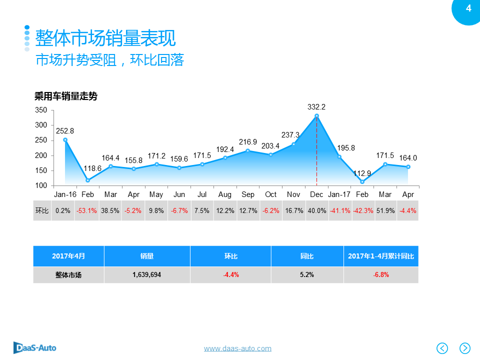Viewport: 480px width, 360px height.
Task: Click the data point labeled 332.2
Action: pyautogui.click(x=316, y=116)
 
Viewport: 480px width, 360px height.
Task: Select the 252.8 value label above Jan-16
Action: pyautogui.click(x=65, y=131)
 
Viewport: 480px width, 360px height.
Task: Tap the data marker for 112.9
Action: pyautogui.click(x=362, y=181)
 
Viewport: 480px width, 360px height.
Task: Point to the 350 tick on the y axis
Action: pyautogui.click(x=41, y=110)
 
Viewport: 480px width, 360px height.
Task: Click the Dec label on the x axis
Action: pyautogui.click(x=316, y=194)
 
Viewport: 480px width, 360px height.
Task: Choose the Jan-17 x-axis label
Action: pyautogui.click(x=339, y=194)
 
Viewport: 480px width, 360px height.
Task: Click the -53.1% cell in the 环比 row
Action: pyautogui.click(x=86, y=211)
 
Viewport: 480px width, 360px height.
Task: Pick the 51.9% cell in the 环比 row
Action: pyautogui.click(x=385, y=211)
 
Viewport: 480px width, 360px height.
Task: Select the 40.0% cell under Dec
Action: pyautogui.click(x=316, y=211)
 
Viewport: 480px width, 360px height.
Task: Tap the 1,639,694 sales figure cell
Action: pyautogui.click(x=147, y=274)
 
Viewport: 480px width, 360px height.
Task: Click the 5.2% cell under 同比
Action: pyautogui.click(x=307, y=274)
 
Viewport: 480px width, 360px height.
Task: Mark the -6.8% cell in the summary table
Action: pyautogui.click(x=381, y=274)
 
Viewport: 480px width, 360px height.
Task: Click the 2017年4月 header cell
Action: pyautogui.click(x=68, y=256)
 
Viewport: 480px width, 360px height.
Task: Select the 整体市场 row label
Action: pyautogui.click(x=68, y=274)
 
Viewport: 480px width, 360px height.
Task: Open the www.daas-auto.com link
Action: pyautogui.click(x=237, y=348)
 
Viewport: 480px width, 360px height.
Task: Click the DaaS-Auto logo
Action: pyautogui.click(x=35, y=347)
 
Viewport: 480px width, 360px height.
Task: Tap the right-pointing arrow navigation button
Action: pyautogui.click(x=465, y=348)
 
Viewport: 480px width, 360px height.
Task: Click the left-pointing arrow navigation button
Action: pyautogui.click(x=442, y=348)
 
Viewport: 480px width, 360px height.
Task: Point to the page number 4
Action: pyautogui.click(x=468, y=8)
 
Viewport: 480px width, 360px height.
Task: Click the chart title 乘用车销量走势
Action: pyautogui.click(x=65, y=97)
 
